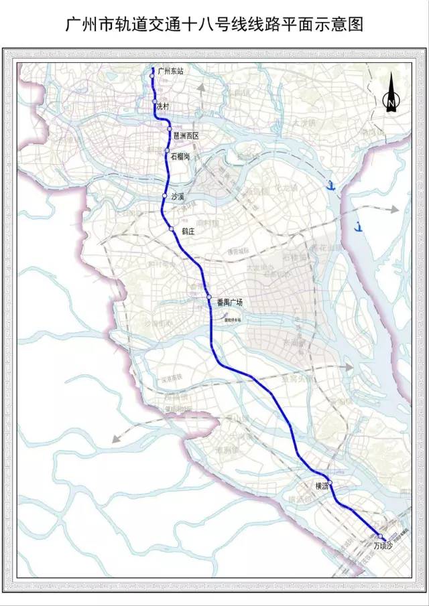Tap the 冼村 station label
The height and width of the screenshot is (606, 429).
tap(164, 106)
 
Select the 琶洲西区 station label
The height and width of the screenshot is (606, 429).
tap(187, 136)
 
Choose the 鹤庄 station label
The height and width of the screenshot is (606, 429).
tap(188, 231)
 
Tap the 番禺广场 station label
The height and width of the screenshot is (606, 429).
tap(229, 303)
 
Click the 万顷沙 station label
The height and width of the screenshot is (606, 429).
tap(382, 546)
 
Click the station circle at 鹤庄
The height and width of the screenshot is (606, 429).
tap(172, 229)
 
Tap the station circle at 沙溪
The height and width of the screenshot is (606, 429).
tap(164, 196)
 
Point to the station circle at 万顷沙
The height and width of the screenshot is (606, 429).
tap(379, 536)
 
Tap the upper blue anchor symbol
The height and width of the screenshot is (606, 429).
tap(330, 185)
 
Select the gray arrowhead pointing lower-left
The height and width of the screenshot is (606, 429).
tap(117, 439)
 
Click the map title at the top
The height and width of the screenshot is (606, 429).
tap(214, 25)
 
